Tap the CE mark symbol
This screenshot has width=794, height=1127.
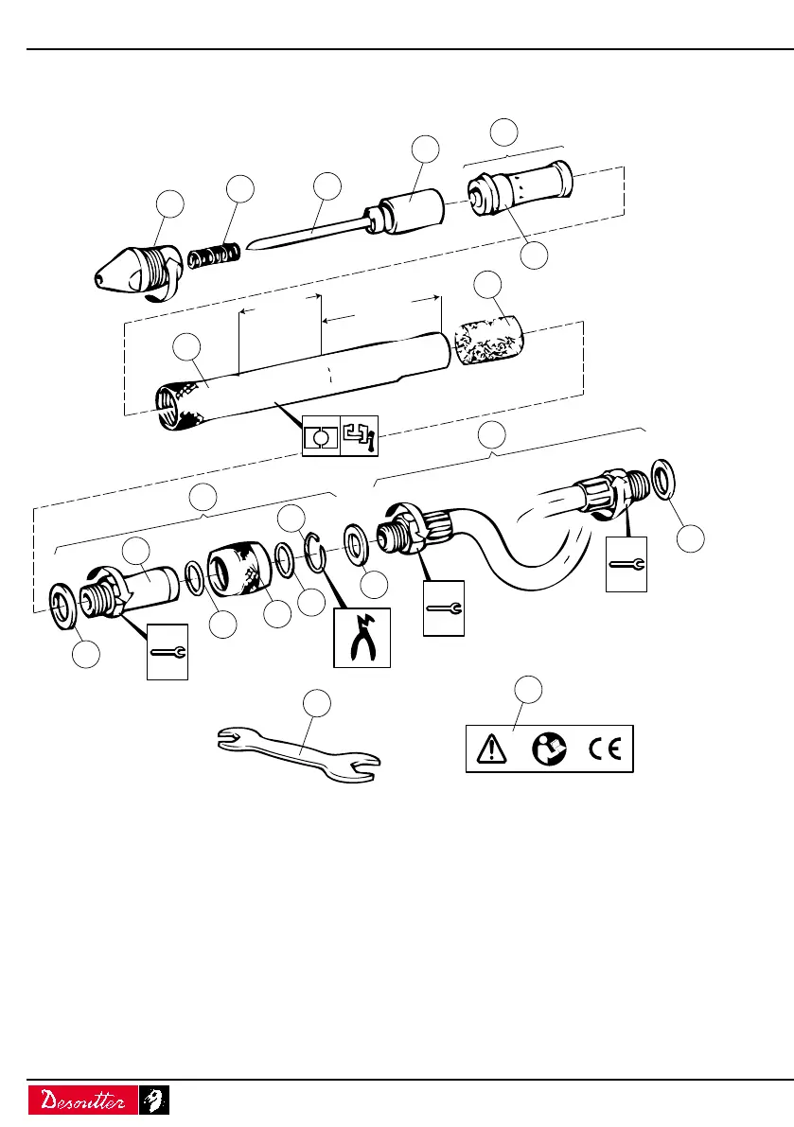(x=602, y=749)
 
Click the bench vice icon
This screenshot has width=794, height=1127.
(x=358, y=435)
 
